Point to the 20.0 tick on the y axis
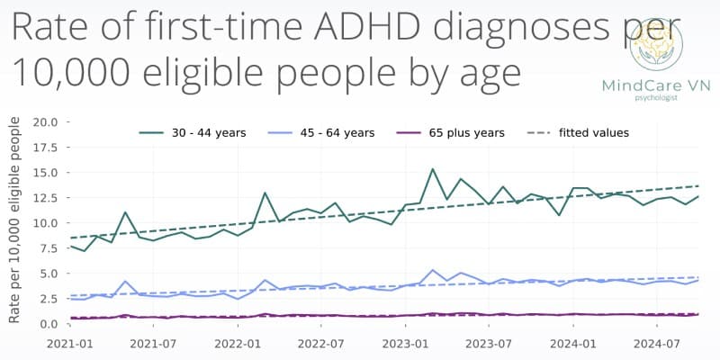coord(46,121)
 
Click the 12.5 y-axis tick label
coord(46,197)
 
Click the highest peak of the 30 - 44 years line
coord(433,169)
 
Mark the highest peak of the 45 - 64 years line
coord(433,270)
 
